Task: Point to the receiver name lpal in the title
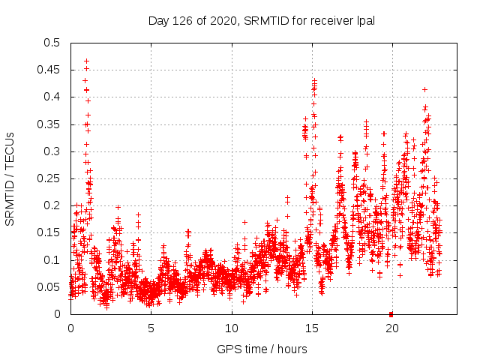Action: (364, 20)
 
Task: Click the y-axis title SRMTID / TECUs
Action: (10, 178)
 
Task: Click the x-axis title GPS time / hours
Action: (262, 349)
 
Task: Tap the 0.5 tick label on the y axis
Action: (52, 43)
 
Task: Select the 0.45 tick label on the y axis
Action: (49, 70)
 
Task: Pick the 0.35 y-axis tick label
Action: (49, 124)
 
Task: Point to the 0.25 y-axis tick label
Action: (49, 178)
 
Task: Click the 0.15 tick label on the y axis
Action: (49, 232)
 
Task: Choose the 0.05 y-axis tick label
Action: (49, 287)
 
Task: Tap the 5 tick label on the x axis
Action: (151, 328)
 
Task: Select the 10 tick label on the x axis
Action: (232, 328)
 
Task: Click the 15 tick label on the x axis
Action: (312, 328)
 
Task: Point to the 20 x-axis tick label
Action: (392, 328)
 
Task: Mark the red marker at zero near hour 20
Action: (391, 313)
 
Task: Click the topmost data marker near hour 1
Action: (86, 61)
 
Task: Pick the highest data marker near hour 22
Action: (425, 89)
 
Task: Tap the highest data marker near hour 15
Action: (314, 80)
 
